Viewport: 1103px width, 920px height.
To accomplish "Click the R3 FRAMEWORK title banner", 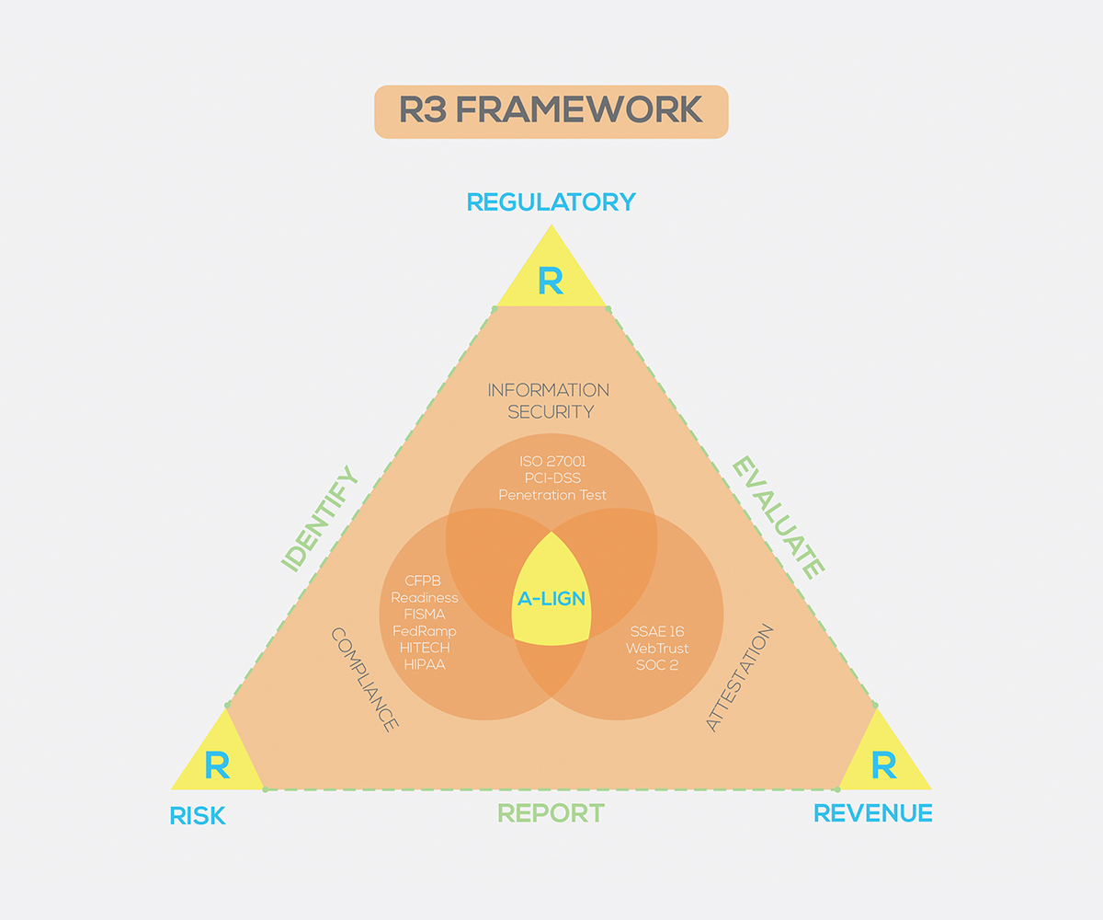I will point(551,111).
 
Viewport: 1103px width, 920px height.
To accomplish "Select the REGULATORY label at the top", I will point(551,201).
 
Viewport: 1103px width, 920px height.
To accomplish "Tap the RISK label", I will point(198,815).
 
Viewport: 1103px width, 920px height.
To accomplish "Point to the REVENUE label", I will point(873,813).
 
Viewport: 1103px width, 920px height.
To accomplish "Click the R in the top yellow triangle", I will point(551,282).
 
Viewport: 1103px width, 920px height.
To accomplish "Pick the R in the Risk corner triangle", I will point(217,765).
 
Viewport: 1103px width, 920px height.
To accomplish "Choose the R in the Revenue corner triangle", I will point(883,765).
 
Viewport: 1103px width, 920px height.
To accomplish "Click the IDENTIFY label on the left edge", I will point(319,519).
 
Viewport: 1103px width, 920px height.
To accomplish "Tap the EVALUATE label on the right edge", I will point(777,519).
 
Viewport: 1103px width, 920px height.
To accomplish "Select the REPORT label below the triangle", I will point(551,813).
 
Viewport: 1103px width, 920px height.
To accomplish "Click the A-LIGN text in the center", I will point(551,599).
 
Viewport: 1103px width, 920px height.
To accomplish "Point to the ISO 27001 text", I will point(551,461).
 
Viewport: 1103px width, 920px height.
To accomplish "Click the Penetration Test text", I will point(551,495).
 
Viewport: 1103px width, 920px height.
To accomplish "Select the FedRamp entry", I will point(424,631).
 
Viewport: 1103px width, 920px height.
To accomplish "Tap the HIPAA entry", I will point(424,664).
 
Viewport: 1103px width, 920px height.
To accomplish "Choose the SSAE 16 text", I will point(657,632).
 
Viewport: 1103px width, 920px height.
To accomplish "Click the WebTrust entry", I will point(657,649).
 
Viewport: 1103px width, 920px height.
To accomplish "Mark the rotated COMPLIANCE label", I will point(364,680).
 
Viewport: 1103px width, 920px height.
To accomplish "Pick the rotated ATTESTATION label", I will point(739,679).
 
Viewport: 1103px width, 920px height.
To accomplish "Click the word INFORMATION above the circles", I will point(548,390).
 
